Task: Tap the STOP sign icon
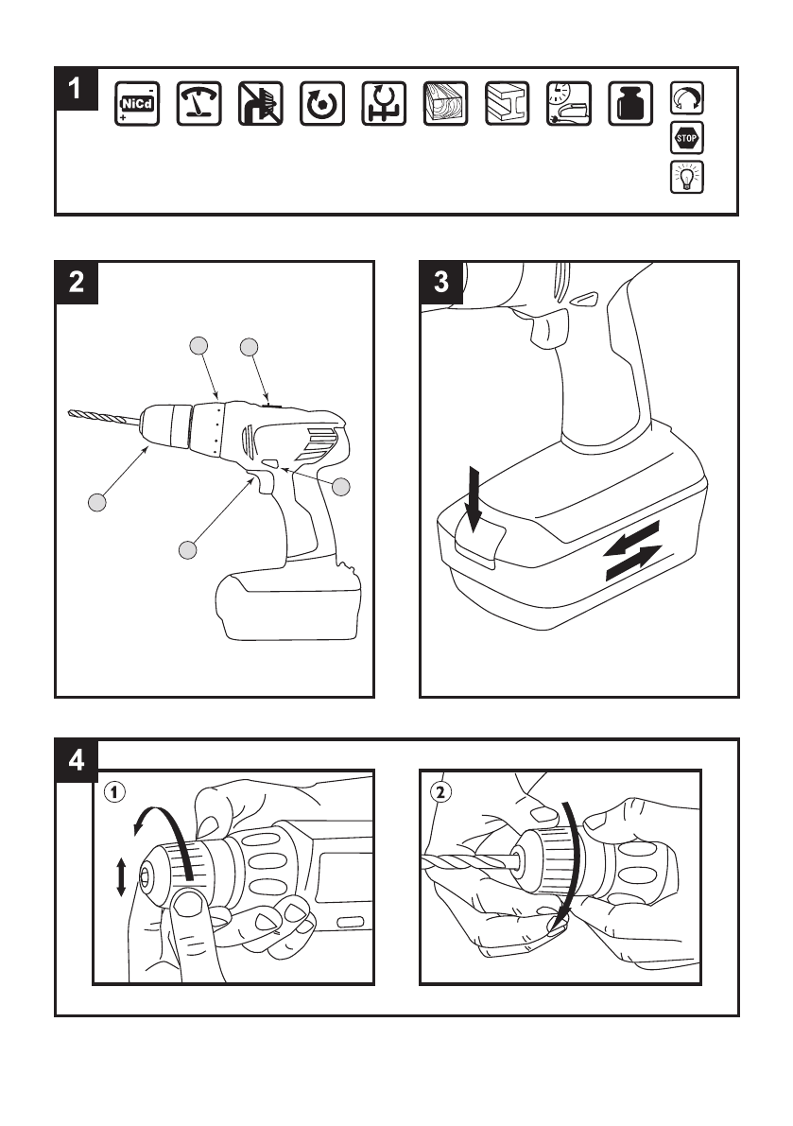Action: click(x=686, y=139)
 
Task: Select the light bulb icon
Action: click(x=686, y=176)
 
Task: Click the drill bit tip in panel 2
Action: click(x=72, y=412)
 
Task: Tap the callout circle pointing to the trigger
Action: click(x=189, y=548)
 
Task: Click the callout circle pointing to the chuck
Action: click(x=96, y=502)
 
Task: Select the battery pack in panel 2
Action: click(x=289, y=604)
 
